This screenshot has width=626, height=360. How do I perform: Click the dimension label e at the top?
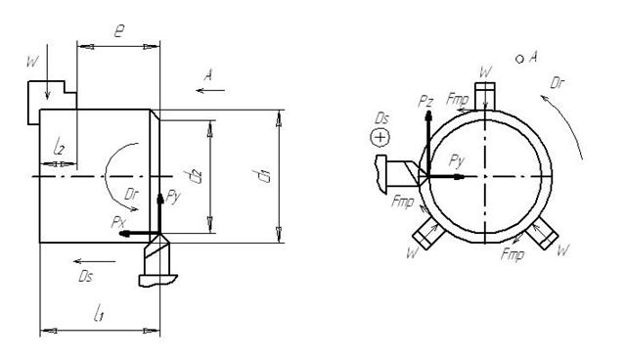[x=119, y=31]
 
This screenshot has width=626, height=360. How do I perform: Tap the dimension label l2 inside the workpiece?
[x=59, y=147]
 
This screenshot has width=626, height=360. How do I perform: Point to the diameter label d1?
[x=264, y=176]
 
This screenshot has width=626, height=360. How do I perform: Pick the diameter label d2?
[x=196, y=176]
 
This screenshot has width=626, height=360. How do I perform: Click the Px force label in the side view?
[x=118, y=222]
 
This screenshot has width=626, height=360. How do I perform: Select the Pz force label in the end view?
[x=425, y=102]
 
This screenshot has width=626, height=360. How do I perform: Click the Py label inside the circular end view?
[x=457, y=160]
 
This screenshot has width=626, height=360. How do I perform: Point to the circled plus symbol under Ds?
[x=380, y=138]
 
